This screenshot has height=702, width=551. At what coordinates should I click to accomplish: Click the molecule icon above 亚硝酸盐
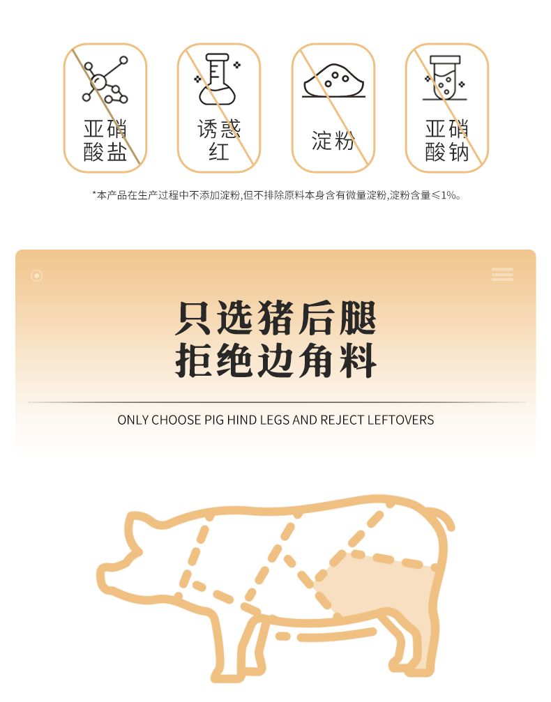(x=105, y=79)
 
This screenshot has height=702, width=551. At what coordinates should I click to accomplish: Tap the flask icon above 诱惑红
(x=218, y=79)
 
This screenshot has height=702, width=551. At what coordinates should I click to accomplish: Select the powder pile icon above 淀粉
(x=333, y=81)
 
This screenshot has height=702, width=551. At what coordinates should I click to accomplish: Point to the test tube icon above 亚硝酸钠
(x=445, y=78)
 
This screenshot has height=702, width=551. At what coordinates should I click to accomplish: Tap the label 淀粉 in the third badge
(x=333, y=140)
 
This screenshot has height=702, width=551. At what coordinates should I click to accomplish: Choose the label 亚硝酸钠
(x=446, y=140)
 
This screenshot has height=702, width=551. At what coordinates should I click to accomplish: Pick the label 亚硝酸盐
(x=105, y=140)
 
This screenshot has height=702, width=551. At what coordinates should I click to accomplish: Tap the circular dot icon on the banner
(x=37, y=275)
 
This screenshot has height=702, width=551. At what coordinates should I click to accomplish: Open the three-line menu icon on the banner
(x=502, y=274)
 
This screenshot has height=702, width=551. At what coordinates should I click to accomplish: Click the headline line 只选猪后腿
(x=275, y=319)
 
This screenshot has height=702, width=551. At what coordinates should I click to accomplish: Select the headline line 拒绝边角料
(x=275, y=360)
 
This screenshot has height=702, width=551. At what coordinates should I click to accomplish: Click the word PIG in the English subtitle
(x=214, y=420)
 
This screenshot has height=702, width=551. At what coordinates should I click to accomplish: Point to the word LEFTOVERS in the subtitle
(x=400, y=420)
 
